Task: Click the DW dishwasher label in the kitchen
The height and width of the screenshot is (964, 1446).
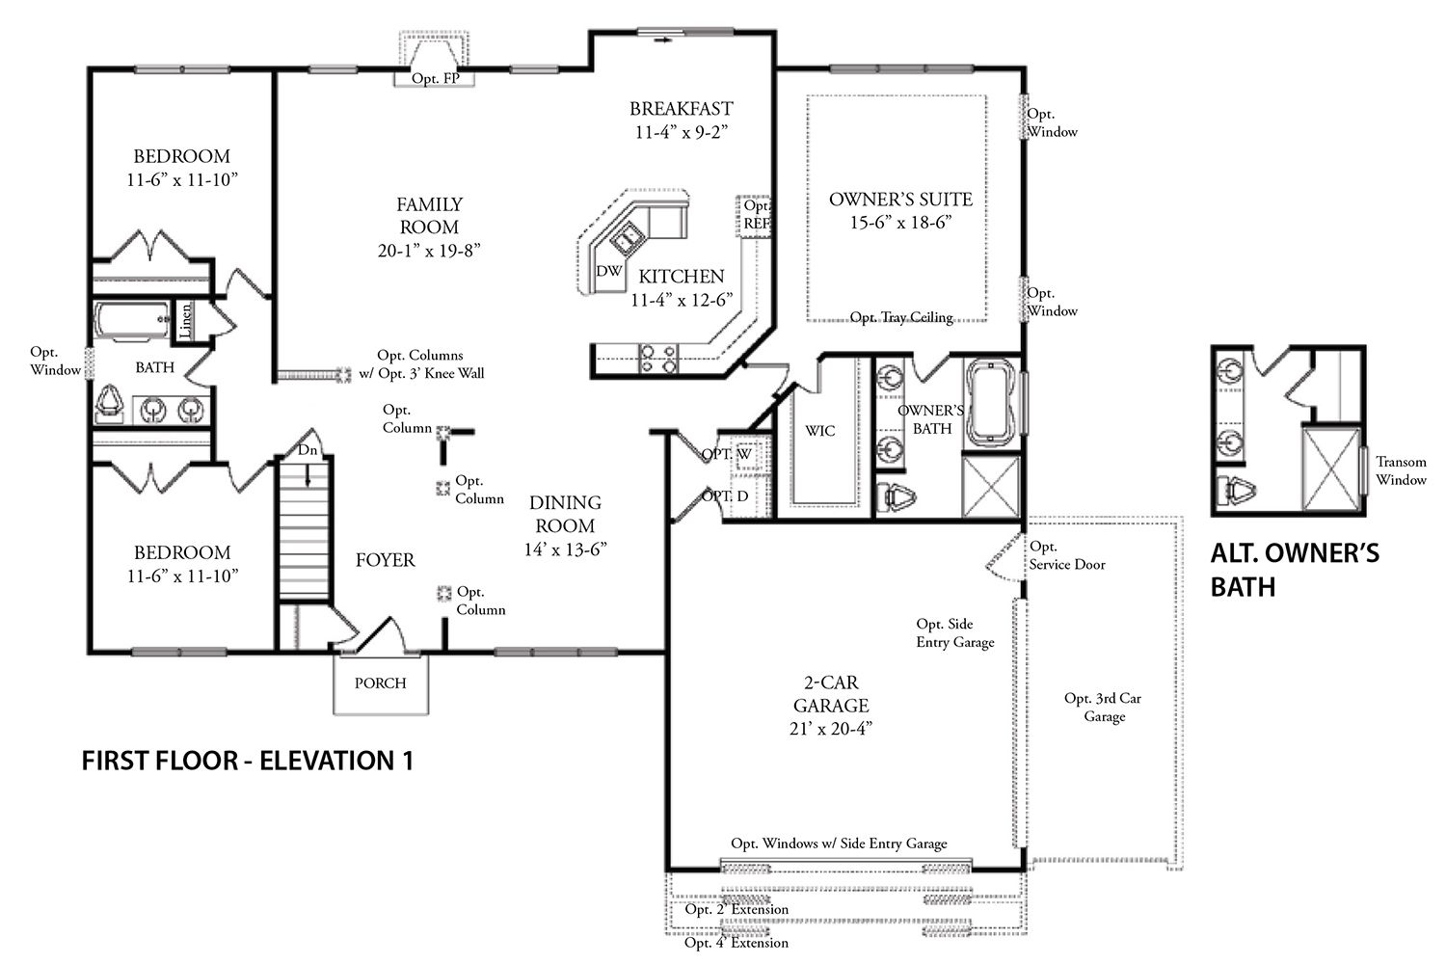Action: (608, 271)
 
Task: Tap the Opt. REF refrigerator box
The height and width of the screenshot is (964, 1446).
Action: (754, 216)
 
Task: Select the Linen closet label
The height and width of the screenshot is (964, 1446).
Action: (185, 321)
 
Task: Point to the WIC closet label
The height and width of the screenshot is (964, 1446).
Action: (819, 431)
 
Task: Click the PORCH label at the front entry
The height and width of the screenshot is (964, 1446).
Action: (380, 683)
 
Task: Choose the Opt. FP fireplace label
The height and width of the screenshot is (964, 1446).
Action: (436, 78)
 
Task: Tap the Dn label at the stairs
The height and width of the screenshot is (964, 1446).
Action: (308, 449)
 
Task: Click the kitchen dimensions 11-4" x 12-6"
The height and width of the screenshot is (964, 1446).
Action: (682, 300)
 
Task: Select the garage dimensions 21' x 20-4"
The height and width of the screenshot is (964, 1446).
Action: (831, 729)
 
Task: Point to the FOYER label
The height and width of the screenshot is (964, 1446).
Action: (386, 560)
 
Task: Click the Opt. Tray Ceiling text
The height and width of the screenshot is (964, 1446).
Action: (901, 317)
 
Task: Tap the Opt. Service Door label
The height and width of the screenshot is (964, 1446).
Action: (1067, 555)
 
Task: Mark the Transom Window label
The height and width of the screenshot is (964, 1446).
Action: (1401, 470)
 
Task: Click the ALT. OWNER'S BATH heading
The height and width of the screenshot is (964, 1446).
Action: (1295, 570)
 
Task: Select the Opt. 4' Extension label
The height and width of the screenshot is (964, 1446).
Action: (736, 943)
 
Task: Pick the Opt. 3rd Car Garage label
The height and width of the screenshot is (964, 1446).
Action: (1103, 707)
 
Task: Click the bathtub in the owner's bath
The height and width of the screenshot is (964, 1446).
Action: (991, 402)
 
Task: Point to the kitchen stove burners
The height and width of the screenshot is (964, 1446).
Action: (657, 359)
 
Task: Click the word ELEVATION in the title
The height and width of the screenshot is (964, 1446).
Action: (327, 761)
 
